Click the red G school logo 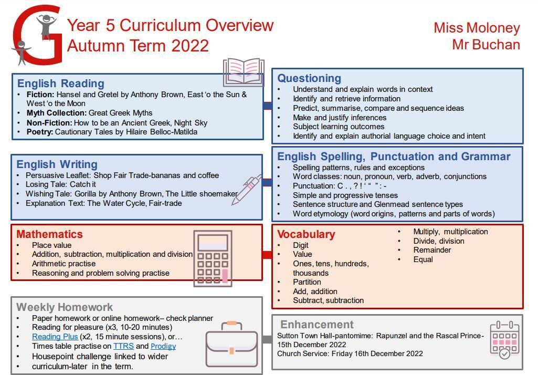click(37, 35)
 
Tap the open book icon click(244, 72)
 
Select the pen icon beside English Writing click(247, 190)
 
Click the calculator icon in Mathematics click(213, 258)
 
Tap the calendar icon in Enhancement click(504, 340)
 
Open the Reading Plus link click(55, 337)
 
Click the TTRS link click(123, 346)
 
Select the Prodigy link click(163, 346)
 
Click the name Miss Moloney click(477, 28)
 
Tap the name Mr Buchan click(486, 45)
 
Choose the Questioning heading click(309, 78)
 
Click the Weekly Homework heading click(65, 307)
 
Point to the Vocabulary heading click(306, 234)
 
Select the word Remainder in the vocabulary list click(432, 250)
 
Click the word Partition click(307, 282)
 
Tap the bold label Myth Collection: click(57, 113)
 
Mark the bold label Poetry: click(40, 132)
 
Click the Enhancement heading click(317, 325)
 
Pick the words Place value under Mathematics click(52, 245)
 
